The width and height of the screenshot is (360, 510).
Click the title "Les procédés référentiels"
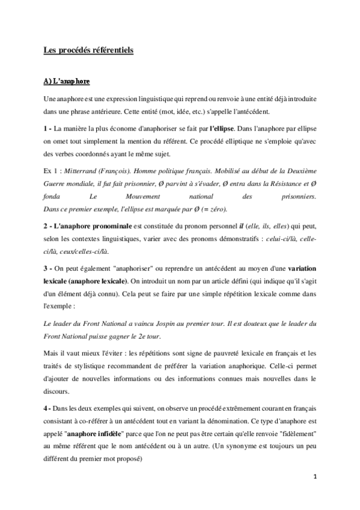pos(88,51)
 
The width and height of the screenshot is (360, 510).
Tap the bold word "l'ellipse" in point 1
pos(225,128)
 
